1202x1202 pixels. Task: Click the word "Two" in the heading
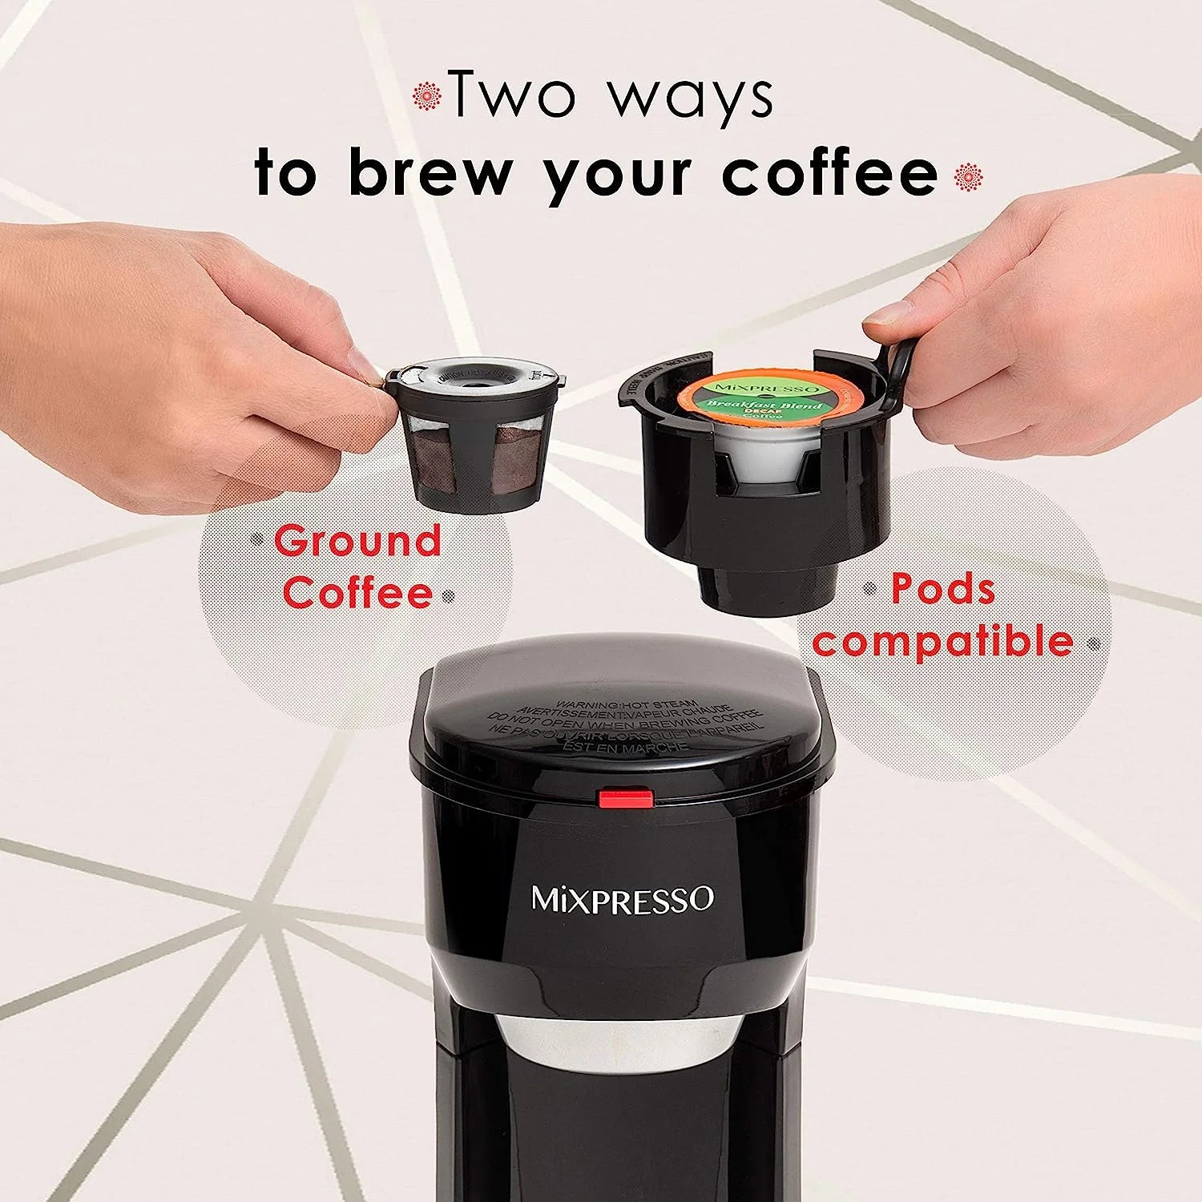click(513, 95)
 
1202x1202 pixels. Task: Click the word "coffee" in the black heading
click(829, 171)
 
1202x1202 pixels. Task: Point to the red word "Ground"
click(357, 541)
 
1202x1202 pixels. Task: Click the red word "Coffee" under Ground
click(357, 593)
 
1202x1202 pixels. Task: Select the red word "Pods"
click(943, 589)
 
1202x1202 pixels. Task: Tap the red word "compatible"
click(942, 641)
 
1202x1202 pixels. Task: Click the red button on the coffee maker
click(625, 797)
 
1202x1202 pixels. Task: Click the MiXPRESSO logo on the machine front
click(622, 898)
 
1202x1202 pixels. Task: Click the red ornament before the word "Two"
click(427, 96)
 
